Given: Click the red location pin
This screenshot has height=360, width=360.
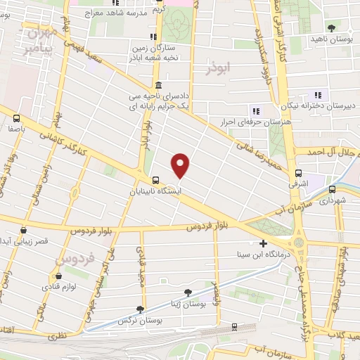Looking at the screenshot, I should tap(181, 166).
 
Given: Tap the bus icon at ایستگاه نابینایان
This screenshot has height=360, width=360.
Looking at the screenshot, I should tap(155, 179).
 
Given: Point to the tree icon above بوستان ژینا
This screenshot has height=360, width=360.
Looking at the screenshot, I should tap(187, 292).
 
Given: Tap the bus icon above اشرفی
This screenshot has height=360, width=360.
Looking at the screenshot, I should tap(298, 173).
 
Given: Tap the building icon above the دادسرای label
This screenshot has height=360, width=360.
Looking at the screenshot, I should tap(157, 84).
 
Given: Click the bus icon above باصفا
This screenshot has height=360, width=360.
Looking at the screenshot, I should tap(16, 119).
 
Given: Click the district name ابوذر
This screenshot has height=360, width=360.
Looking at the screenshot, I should tap(219, 68).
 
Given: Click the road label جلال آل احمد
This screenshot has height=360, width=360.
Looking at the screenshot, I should tap(330, 151).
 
